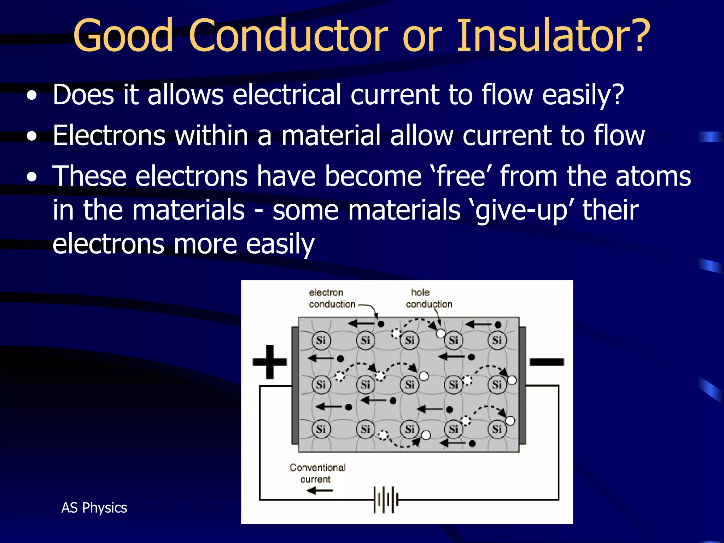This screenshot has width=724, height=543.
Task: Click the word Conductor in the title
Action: [288, 35]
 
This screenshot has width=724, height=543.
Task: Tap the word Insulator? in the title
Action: [553, 35]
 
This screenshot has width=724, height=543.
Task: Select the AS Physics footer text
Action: [94, 508]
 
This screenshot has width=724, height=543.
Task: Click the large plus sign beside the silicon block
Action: [270, 362]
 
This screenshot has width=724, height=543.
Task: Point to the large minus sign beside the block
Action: [547, 362]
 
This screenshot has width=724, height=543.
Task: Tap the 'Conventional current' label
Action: [317, 473]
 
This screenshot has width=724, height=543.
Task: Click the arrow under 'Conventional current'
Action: [320, 491]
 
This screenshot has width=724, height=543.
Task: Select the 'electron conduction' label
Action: [331, 298]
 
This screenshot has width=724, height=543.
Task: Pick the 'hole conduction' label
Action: [428, 298]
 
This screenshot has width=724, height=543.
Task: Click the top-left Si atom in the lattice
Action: [321, 340]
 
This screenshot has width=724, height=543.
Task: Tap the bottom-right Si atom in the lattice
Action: [497, 429]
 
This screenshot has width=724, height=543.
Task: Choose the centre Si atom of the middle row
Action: [409, 384]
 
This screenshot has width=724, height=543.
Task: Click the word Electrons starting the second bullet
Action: [109, 135]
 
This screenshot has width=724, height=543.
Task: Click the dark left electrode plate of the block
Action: [295, 385]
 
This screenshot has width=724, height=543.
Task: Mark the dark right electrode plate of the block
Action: [522, 385]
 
